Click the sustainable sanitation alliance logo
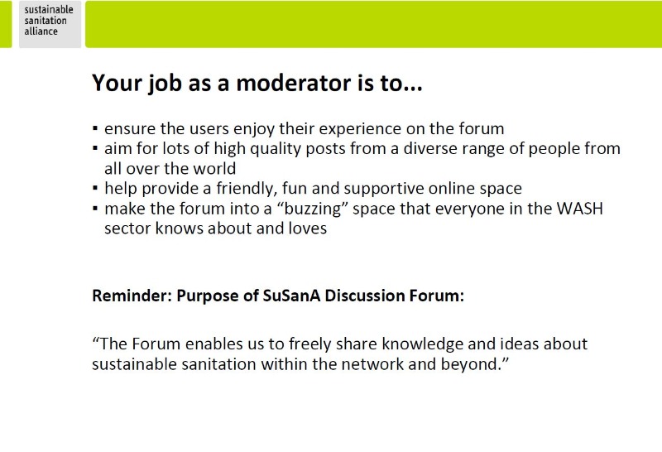(50, 24)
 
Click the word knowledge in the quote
(422, 344)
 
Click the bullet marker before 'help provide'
(95, 188)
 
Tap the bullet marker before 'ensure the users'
(95, 128)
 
